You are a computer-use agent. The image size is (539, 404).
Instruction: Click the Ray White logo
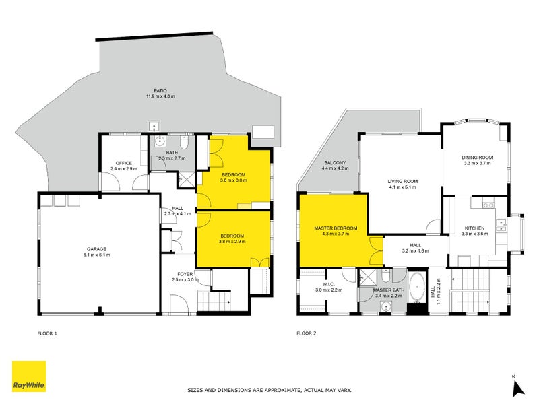pyautogui.click(x=29, y=376)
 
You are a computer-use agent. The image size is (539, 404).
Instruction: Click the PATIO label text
pyautogui.click(x=160, y=90)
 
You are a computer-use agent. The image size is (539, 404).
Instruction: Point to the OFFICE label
pyautogui.click(x=123, y=163)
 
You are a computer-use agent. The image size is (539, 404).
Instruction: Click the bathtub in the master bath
pyautogui.click(x=416, y=290)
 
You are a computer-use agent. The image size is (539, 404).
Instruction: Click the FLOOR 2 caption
pyautogui.click(x=307, y=333)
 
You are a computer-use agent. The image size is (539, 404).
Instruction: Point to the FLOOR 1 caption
pyautogui.click(x=48, y=333)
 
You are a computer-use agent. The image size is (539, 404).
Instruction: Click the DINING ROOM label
pyautogui.click(x=478, y=157)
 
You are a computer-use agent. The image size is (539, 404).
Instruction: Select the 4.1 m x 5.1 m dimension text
pyautogui.click(x=402, y=187)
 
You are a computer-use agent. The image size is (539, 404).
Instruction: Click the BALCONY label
pyautogui.click(x=334, y=162)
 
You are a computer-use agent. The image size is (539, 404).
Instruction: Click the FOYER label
pyautogui.click(x=183, y=273)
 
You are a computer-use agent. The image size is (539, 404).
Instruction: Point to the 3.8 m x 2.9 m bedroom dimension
pyautogui.click(x=232, y=242)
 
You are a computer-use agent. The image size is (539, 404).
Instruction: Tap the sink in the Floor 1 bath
pyautogui.click(x=160, y=142)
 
